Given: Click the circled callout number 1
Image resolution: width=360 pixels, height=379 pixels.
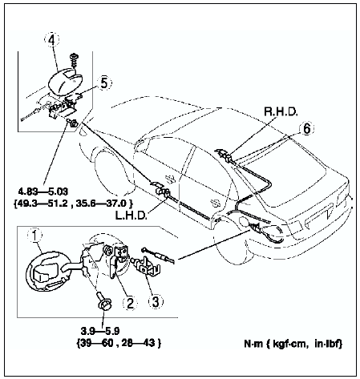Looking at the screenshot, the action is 35,236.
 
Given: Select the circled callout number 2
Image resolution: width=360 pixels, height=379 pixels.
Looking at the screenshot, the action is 130,303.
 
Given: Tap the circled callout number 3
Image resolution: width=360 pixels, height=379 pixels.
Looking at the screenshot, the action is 156,301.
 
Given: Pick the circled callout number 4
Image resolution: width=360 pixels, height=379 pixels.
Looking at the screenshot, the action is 52,40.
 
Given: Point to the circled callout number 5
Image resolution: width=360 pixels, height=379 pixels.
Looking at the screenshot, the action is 104,83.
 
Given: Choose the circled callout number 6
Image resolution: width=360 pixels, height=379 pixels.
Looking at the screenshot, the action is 307,129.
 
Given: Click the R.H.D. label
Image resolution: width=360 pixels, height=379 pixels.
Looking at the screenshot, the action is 281,111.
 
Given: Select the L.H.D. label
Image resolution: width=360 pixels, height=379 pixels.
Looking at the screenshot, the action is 131,215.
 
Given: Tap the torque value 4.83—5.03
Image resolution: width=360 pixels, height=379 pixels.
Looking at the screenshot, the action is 43,192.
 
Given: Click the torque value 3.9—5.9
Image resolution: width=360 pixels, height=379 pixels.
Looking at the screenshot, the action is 100,331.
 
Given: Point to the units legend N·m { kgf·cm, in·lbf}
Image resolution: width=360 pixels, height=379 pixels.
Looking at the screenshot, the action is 293,344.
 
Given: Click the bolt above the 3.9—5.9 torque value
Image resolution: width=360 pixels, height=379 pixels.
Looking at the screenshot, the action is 103,302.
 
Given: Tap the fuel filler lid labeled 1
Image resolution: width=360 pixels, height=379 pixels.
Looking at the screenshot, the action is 47,270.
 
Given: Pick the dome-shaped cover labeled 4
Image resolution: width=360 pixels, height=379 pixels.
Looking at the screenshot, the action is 65,82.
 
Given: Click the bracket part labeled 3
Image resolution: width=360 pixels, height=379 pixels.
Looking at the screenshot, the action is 147,266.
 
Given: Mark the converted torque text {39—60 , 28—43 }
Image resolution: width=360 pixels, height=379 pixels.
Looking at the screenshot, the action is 119,343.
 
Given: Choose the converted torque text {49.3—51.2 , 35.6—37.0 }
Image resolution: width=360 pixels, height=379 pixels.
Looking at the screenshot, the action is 73,204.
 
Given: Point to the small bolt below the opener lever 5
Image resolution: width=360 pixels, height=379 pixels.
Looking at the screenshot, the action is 72,123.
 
